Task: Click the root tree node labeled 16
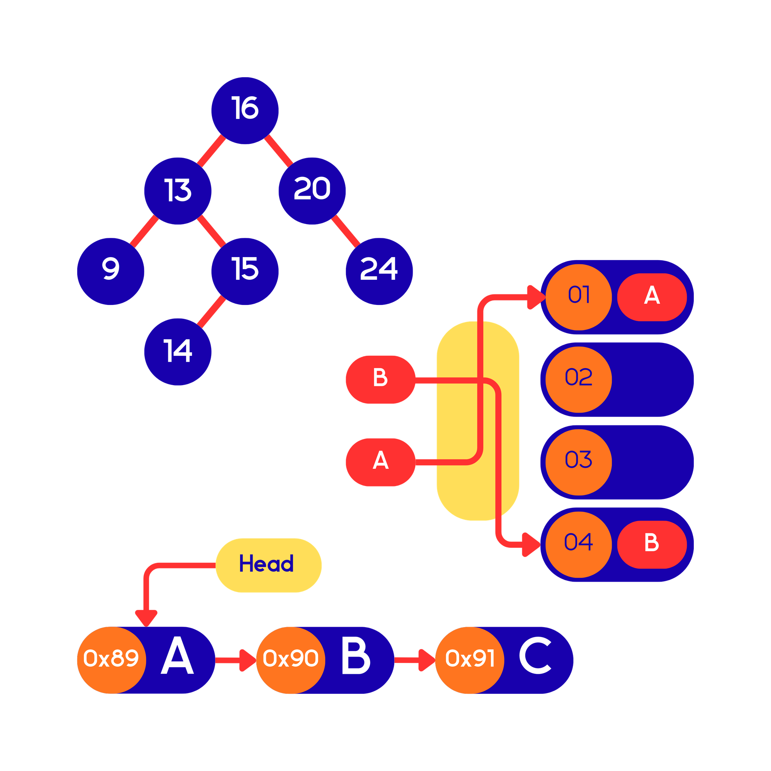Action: [245, 111]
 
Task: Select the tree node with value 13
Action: [178, 191]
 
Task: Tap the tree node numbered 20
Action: [312, 191]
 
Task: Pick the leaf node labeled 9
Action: [111, 271]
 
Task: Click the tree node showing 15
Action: [245, 271]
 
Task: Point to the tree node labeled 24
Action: [379, 271]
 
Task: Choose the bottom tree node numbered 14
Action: [178, 352]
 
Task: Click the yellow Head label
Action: [268, 565]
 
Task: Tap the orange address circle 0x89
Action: [111, 660]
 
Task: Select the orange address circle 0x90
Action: [291, 660]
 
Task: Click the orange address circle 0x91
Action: [470, 660]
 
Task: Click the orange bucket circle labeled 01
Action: [578, 297]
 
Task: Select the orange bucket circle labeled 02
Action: [578, 379]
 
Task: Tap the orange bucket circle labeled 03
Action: [578, 462]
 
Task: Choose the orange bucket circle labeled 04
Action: [578, 544]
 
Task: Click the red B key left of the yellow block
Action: [380, 379]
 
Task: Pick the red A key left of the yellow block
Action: [380, 462]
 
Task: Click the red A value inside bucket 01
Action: [652, 297]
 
